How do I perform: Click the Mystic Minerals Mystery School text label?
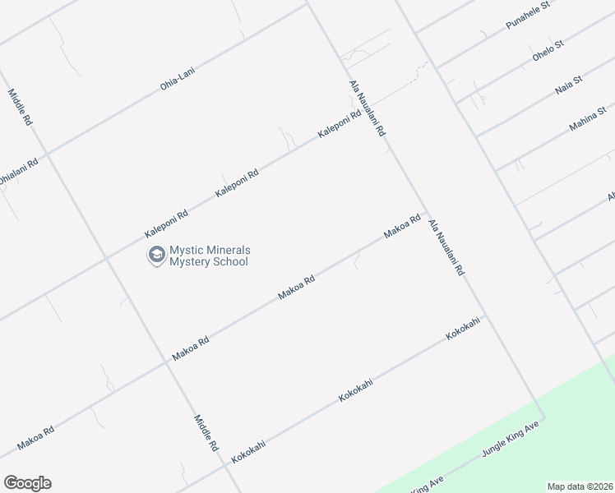210,256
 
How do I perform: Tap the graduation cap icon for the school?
155,256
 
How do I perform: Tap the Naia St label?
568,84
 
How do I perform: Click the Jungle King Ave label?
510,443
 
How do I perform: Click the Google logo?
27,483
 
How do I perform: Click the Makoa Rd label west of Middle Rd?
36,437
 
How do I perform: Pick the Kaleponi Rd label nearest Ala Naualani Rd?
340,124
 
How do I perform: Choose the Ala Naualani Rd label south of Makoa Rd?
446,246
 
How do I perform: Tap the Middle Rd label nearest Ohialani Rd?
21,107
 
